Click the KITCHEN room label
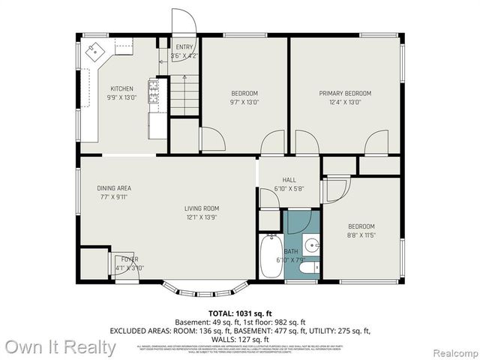tap(122, 88)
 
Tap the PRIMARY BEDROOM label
tap(345, 93)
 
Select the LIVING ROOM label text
tap(202, 208)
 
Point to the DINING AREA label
tap(114, 188)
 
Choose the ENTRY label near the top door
tap(184, 46)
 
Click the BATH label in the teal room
tap(291, 251)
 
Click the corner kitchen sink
tap(95, 52)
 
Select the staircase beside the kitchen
tap(184, 95)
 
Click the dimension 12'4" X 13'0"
tap(345, 102)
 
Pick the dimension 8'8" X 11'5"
tap(361, 235)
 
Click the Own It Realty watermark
tap(61, 347)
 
